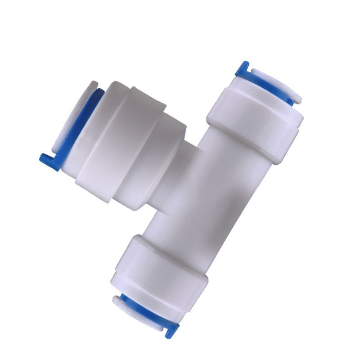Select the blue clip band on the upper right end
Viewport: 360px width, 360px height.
point(270,85)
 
